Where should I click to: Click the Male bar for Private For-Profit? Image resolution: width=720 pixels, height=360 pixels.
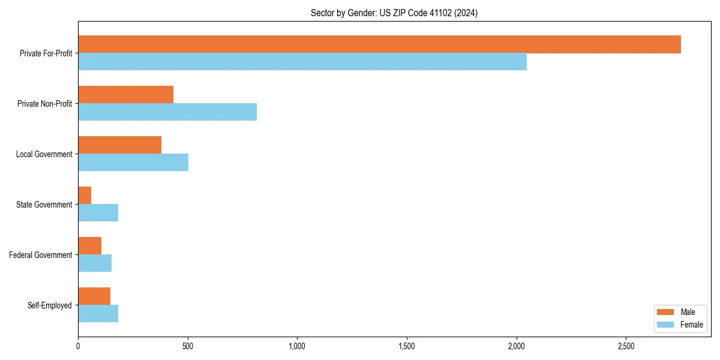pos(379,44)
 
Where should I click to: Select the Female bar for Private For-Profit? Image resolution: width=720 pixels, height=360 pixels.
pos(302,62)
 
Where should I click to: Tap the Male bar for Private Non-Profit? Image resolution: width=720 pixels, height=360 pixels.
pos(125,95)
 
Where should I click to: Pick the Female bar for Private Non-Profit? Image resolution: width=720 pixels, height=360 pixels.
pos(167,112)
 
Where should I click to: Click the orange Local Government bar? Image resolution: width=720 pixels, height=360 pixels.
pos(119,145)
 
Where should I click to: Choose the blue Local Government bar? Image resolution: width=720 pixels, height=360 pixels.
pos(133,163)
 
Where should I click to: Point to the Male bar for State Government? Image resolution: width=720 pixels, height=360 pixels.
pos(85,196)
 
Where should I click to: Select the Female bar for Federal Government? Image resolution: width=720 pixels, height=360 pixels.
pos(95,263)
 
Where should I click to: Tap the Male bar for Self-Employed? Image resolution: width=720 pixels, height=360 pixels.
pos(94,296)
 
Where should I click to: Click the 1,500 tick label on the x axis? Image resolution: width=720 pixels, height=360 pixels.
pos(407,346)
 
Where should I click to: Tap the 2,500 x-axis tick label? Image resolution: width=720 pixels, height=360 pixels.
pos(626,346)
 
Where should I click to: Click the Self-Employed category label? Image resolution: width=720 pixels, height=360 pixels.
pos(49,305)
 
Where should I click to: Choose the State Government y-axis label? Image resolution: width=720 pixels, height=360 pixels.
pos(44,205)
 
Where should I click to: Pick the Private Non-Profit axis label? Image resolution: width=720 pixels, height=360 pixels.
pos(44,104)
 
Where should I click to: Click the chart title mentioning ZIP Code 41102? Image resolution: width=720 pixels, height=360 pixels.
pos(394,13)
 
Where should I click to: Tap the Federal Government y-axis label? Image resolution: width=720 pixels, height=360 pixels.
pos(41,255)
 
